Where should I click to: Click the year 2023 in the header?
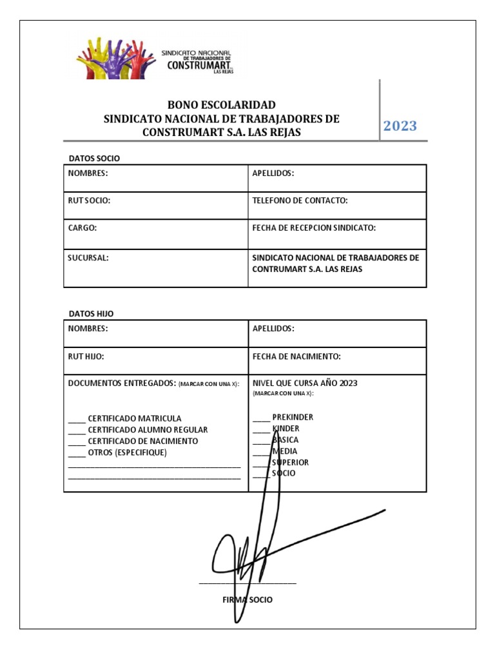[x=400, y=126]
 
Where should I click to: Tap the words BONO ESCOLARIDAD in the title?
[x=222, y=104]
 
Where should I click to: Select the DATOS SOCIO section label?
[x=94, y=158]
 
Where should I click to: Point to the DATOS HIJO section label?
[x=91, y=313]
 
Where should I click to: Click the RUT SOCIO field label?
[x=90, y=200]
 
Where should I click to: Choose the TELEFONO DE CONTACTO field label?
[x=300, y=200]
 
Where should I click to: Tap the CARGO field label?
[x=82, y=228]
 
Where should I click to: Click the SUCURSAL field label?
[x=88, y=257]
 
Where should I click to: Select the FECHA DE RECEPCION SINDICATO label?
[x=314, y=228]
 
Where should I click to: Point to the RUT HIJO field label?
[x=86, y=356]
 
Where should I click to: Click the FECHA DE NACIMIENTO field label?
[x=296, y=356]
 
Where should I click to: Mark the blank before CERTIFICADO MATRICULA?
[x=77, y=419]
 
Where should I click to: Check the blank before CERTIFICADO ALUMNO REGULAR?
[x=77, y=431]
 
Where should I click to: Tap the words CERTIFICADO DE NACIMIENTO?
[x=143, y=442]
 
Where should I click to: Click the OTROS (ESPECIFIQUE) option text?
[x=127, y=452]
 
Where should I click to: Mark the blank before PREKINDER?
[x=261, y=418]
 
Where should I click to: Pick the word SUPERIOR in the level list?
[x=291, y=462]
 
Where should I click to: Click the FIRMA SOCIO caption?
[x=247, y=599]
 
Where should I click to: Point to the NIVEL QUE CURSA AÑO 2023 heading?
[x=305, y=383]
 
